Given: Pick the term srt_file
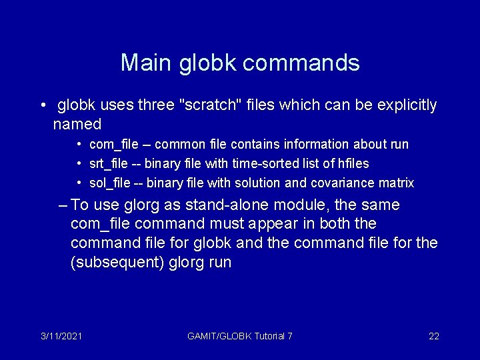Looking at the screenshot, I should pyautogui.click(x=108, y=163).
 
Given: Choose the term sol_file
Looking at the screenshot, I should pyautogui.click(x=108, y=183).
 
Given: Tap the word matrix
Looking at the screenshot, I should pyautogui.click(x=397, y=183).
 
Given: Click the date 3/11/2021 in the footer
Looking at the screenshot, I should pyautogui.click(x=61, y=336).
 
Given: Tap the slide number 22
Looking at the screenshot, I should pyautogui.click(x=433, y=336).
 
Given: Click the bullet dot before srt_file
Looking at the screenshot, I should pyautogui.click(x=79, y=163).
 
